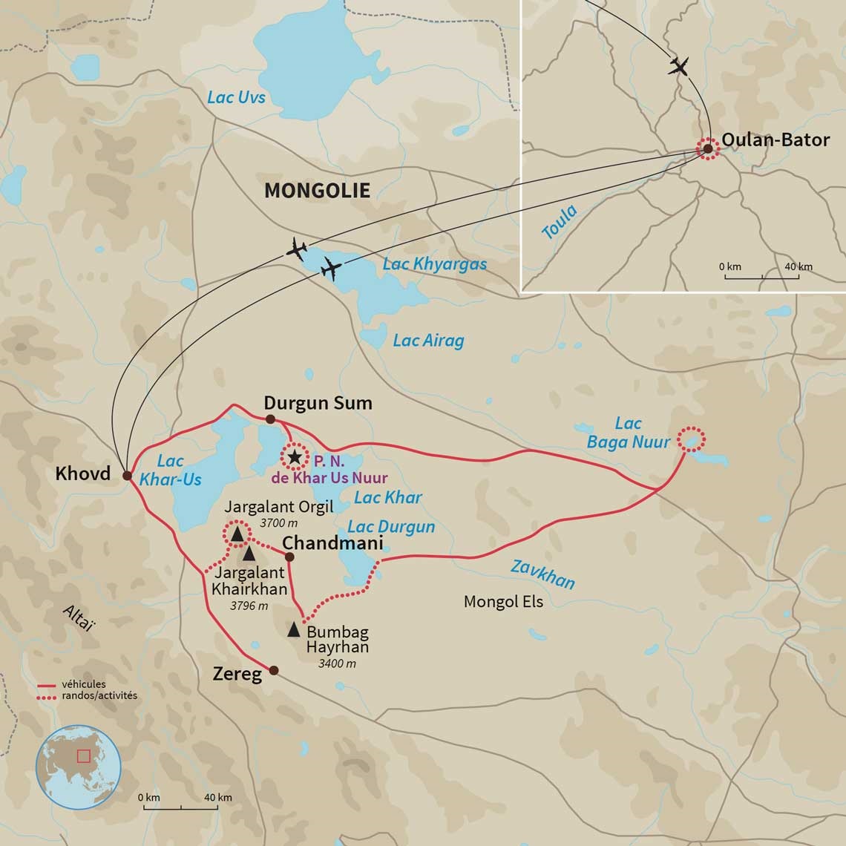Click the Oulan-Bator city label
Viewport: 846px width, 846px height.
click(775, 140)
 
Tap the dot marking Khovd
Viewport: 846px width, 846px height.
click(127, 476)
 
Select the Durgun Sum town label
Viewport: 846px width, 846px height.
click(318, 403)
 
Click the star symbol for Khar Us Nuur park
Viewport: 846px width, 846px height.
click(295, 457)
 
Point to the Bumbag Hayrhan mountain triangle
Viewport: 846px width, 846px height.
click(295, 630)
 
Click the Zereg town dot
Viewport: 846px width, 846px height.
click(274, 670)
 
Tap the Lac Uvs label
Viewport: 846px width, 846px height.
click(236, 97)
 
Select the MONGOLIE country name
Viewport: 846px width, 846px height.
click(317, 191)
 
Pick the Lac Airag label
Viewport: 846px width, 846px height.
click(428, 341)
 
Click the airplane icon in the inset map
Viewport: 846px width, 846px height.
click(678, 66)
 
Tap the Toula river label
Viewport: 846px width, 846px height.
click(560, 222)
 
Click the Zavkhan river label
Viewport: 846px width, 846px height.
click(542, 574)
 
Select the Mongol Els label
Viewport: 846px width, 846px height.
click(503, 601)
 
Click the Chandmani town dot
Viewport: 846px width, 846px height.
click(289, 557)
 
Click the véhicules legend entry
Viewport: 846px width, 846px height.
click(83, 684)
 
